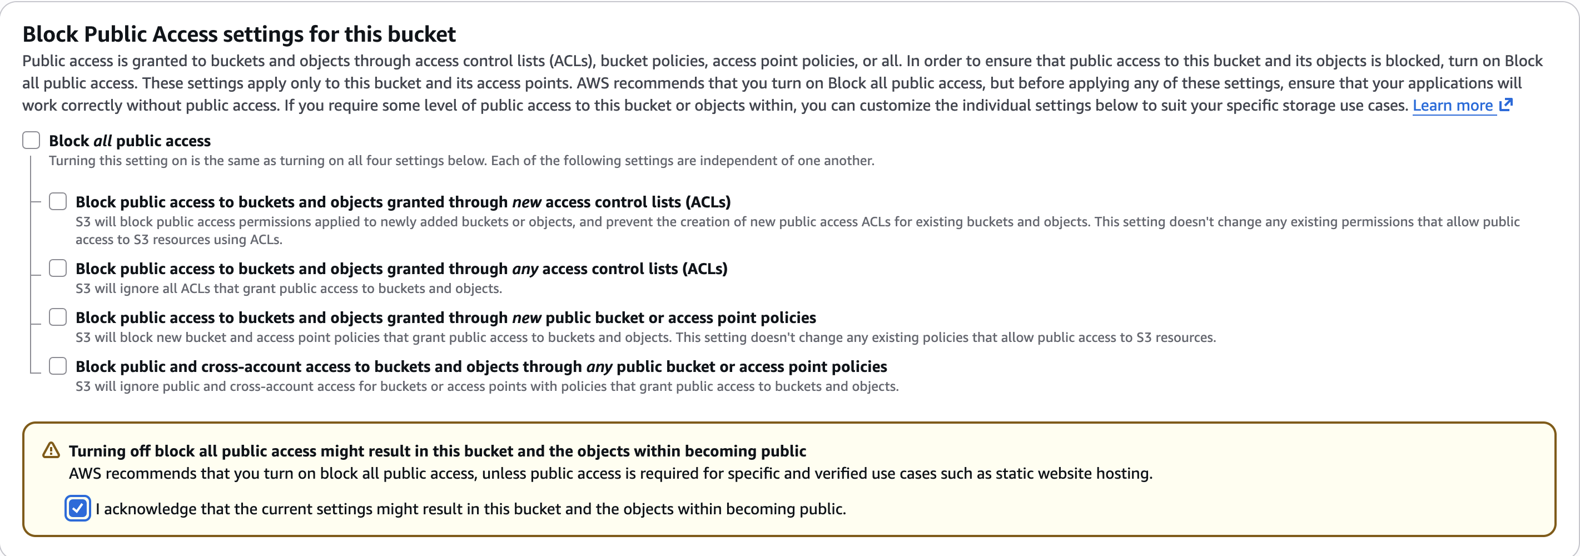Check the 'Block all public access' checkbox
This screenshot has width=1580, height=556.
(x=31, y=141)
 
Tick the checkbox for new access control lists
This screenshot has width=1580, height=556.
(x=58, y=201)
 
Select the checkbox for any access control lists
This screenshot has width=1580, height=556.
(x=58, y=268)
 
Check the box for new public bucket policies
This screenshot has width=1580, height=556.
(x=58, y=317)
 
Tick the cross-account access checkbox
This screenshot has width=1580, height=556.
(x=58, y=366)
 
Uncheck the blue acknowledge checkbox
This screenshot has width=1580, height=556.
(x=78, y=508)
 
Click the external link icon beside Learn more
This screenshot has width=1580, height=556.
(x=1506, y=105)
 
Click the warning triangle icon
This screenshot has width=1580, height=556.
(x=51, y=450)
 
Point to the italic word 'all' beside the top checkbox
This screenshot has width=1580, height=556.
(x=102, y=141)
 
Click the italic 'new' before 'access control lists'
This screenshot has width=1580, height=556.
(x=526, y=202)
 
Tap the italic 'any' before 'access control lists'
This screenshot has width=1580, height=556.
(x=525, y=269)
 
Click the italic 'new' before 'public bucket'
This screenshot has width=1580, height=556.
(x=526, y=318)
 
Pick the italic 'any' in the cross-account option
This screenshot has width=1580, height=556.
(x=599, y=367)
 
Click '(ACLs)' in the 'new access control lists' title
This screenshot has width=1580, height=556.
(x=708, y=202)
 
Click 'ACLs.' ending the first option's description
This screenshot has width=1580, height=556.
(x=266, y=239)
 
